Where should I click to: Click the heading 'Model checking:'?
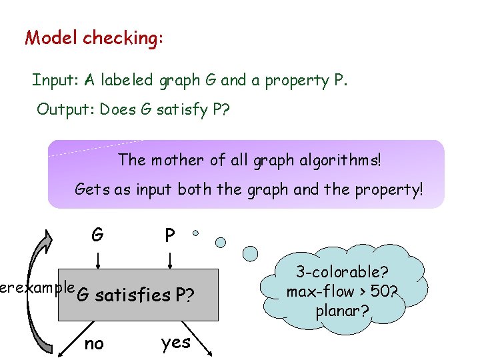[x=93, y=37]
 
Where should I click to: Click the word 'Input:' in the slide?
[x=57, y=81]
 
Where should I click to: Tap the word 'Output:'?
[x=65, y=109]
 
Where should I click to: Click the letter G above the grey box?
[x=97, y=234]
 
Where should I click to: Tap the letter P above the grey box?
[x=170, y=235]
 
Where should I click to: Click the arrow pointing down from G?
[x=98, y=257]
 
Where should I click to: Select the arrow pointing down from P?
[x=171, y=257]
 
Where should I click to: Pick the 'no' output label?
[x=94, y=343]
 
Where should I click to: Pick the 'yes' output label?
[x=176, y=343]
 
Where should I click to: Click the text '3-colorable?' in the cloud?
[x=343, y=272]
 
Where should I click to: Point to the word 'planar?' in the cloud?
[x=343, y=309]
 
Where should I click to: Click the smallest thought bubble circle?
[x=195, y=233]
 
